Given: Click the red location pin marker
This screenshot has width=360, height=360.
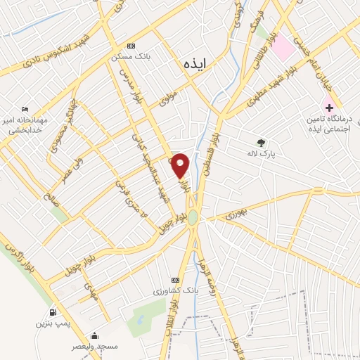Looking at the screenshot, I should [180, 164].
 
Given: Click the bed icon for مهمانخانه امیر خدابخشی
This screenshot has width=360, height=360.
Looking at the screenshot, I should [26, 110].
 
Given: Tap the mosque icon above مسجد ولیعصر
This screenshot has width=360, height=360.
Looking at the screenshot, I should [94, 336].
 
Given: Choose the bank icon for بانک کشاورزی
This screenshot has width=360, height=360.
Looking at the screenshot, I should [176, 279].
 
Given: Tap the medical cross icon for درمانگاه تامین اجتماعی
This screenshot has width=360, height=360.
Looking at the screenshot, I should [328, 107].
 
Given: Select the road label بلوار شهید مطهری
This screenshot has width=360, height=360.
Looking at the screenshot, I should [275, 94].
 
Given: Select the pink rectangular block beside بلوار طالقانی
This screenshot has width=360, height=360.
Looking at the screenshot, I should [283, 46].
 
